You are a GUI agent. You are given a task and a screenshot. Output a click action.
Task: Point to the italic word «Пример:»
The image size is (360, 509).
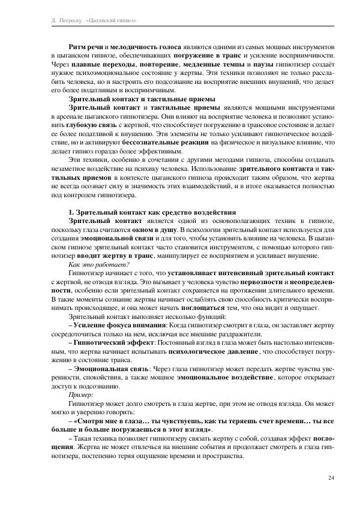pyautogui.click(x=82, y=396)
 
